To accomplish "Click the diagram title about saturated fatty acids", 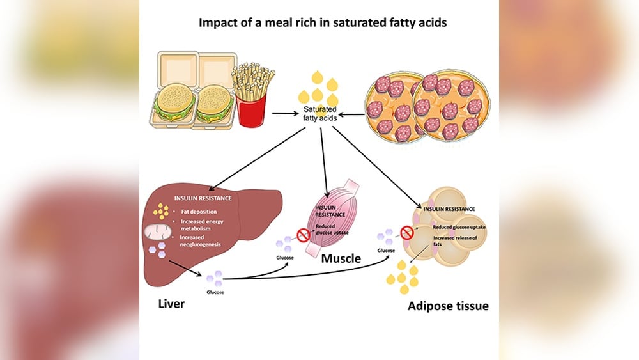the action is [x=322, y=22].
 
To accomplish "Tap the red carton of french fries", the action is [x=251, y=109].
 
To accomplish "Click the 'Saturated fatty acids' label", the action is [x=320, y=114].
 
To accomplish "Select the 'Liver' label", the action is [x=171, y=304].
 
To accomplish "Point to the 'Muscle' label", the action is [x=341, y=258].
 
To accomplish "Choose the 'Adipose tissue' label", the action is [x=449, y=306].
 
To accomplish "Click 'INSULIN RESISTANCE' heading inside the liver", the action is [x=203, y=198].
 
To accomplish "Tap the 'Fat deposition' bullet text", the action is [x=199, y=212].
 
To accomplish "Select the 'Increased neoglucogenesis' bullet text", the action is [x=200, y=241].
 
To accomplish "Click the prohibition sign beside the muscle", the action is [x=303, y=235].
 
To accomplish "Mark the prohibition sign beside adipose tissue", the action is [x=406, y=233].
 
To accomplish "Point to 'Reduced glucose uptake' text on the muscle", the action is [x=332, y=229].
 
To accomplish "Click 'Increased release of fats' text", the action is [x=455, y=241].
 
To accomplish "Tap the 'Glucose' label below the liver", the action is [x=215, y=292].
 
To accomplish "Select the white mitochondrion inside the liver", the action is [x=158, y=231].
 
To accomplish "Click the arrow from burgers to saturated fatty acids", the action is [x=285, y=114].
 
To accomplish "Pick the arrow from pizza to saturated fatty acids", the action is [x=351, y=114].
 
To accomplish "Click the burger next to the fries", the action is [x=214, y=104].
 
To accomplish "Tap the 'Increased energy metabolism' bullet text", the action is [x=202, y=225].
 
